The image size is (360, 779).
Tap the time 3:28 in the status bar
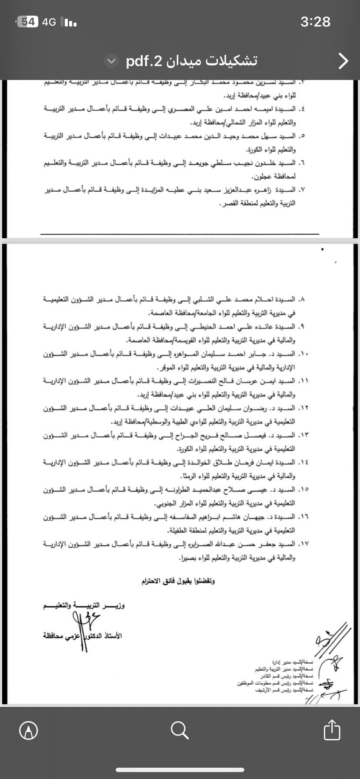pos(315,22)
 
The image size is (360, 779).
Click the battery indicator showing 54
pos(28,22)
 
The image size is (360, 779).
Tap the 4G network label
pos(50,22)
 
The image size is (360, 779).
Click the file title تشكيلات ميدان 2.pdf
pos(192,61)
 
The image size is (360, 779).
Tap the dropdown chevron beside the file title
pos(112,62)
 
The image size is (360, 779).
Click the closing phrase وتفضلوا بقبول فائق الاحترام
pos(178,581)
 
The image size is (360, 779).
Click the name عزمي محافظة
pos(61,636)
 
